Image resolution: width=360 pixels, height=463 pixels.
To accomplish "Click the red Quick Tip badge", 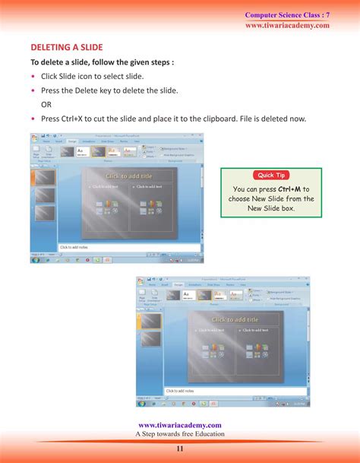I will (271, 175).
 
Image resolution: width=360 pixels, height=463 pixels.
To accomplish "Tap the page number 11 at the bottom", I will (180, 449).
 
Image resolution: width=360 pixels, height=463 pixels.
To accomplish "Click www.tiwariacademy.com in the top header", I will (287, 25).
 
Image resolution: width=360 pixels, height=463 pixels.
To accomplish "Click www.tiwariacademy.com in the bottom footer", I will (180, 425).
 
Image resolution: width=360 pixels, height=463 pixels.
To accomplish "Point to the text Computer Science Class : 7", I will (287, 15).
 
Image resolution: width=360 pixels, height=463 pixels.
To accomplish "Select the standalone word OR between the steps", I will (46, 104).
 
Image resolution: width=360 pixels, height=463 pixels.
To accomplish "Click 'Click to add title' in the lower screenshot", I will (235, 320).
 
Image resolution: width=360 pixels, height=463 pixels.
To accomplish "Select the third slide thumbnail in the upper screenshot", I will (46, 214).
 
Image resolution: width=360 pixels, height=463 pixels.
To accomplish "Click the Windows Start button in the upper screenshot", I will (36, 259).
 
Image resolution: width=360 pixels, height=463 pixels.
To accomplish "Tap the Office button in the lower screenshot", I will (141, 281).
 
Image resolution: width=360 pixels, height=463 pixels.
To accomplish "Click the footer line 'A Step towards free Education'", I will (180, 434).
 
